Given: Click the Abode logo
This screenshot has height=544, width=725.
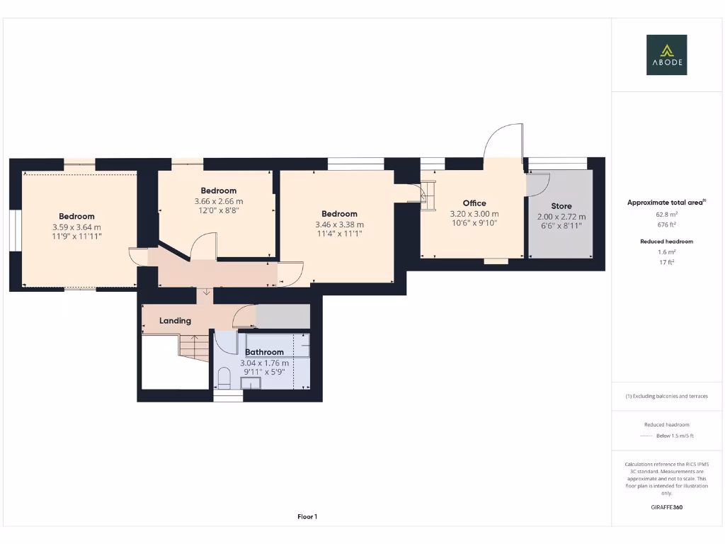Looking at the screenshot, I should tap(666, 55).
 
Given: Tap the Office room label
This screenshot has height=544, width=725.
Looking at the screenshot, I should tap(474, 203).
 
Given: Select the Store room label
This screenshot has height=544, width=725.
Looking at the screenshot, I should tap(561, 206).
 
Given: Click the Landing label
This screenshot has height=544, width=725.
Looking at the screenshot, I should tap(175, 321).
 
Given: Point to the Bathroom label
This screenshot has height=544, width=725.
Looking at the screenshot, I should tap(264, 352).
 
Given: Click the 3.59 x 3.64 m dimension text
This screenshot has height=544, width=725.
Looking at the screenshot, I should tap(76, 227).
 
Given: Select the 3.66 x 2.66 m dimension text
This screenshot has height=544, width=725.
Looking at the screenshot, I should tap(218, 201).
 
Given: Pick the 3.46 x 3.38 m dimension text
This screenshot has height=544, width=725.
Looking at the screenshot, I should tap(339, 225).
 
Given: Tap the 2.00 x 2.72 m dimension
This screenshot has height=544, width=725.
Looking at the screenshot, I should tap(561, 217).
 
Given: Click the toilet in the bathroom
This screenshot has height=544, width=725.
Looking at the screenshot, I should tap(224, 378).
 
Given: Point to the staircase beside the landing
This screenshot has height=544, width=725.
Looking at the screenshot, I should tap(193, 347).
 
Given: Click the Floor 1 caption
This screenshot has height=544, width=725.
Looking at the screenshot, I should tap(307, 517).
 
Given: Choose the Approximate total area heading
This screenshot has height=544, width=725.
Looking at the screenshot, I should tap(666, 203).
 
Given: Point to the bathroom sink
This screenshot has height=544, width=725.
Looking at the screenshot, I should tap(251, 383).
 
